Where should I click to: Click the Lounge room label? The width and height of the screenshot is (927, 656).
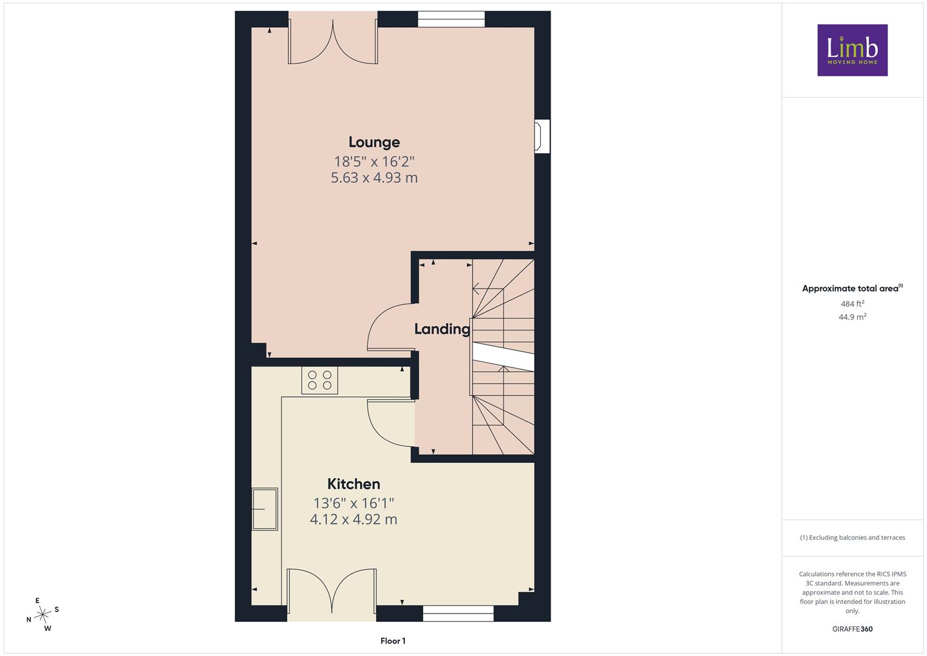coord(374,142)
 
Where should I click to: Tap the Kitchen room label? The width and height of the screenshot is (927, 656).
coord(353,483)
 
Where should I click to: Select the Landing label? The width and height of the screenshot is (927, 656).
coord(442,329)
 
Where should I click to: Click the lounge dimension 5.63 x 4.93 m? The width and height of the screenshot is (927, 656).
coord(374,177)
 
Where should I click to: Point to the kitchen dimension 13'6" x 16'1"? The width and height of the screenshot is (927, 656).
coord(353,503)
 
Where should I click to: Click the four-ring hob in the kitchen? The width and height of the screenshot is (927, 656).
coord(319,380)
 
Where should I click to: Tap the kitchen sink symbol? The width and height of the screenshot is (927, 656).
coord(265,509)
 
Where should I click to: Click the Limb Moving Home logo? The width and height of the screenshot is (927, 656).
coord(852,50)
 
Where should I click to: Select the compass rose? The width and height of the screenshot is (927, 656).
coord(42,615)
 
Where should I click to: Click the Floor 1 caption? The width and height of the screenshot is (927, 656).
coord(393,641)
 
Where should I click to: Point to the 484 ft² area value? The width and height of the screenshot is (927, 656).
coord(852,304)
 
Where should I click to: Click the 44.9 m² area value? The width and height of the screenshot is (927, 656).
coord(852,317)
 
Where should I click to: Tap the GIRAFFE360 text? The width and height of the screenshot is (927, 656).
coord(852,629)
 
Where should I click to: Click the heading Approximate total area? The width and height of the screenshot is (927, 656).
coord(852,289)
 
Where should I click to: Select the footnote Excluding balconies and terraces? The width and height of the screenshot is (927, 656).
coord(852,538)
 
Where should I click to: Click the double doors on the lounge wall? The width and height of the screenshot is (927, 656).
coord(333,41)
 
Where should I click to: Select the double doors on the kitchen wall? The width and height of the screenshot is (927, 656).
coord(332,592)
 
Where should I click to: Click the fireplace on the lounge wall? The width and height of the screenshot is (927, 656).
coord(542,136)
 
